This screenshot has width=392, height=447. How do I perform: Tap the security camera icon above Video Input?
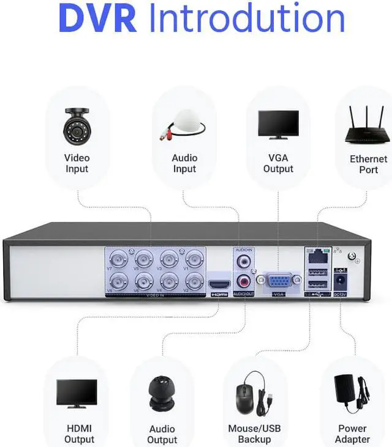point(77,123)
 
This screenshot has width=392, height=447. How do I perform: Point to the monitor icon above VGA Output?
point(278,125)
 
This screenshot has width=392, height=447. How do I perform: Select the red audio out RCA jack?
point(244,283)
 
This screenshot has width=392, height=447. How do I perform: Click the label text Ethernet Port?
point(368,164)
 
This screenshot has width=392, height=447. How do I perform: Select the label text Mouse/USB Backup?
point(254,434)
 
